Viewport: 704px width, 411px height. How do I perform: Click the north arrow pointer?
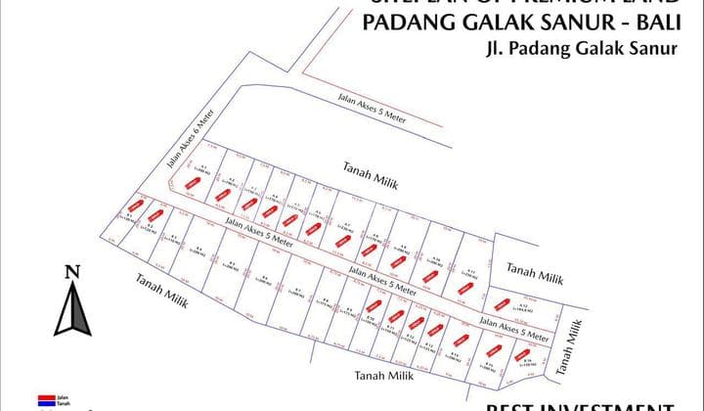(71, 308)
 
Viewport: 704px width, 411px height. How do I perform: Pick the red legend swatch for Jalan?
(45, 397)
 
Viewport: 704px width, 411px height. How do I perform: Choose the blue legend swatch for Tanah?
(45, 403)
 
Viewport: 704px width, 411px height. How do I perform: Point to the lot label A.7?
(346, 225)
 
